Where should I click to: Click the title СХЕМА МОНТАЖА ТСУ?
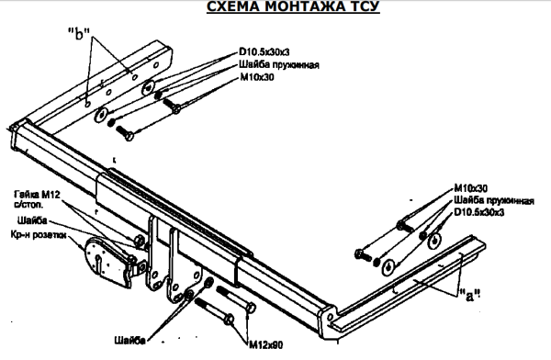click(293, 6)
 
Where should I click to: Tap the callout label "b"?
click(79, 34)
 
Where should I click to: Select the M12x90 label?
click(266, 345)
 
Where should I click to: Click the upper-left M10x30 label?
click(257, 77)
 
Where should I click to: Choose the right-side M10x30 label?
click(471, 188)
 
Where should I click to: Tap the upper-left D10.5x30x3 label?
click(264, 52)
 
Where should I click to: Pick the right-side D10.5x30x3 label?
click(479, 212)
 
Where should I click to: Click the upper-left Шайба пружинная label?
click(279, 65)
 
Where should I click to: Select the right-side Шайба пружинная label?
click(494, 201)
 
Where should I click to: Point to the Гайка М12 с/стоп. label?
click(37, 199)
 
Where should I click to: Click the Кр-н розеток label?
click(39, 235)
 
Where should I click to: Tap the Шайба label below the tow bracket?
click(129, 341)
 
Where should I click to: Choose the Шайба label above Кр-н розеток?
click(32, 220)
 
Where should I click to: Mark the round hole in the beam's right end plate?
click(331, 318)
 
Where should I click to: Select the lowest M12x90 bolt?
click(214, 310)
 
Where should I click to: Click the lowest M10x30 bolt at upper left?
click(124, 132)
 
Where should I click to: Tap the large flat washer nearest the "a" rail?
click(388, 266)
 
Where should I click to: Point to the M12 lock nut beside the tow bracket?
click(140, 241)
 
